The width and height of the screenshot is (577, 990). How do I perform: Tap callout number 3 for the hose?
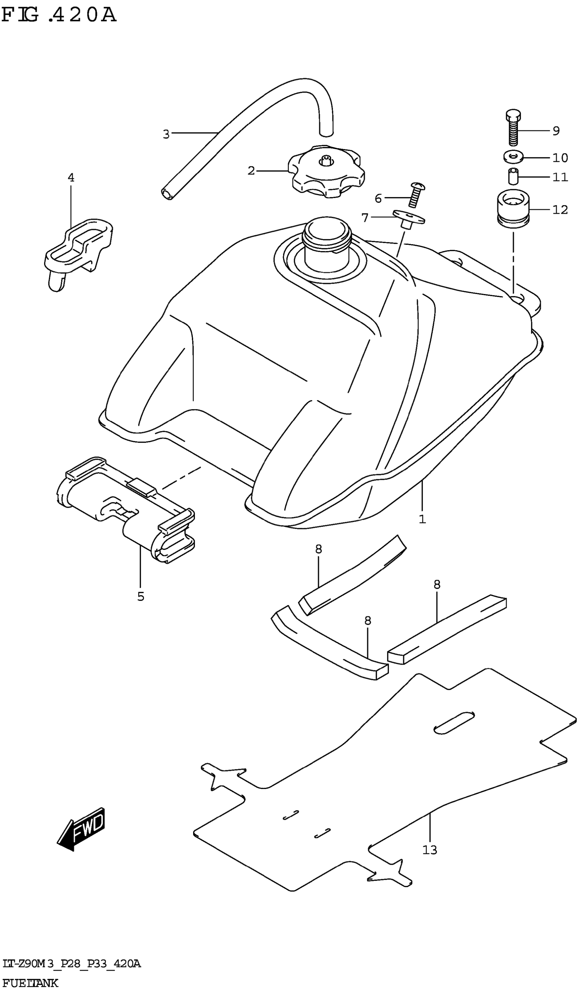click(166, 134)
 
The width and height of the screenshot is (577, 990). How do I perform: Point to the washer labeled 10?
click(512, 157)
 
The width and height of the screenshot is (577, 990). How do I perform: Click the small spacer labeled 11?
click(513, 177)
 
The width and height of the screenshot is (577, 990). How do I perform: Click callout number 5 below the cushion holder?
click(141, 597)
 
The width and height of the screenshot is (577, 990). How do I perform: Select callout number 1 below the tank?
click(422, 519)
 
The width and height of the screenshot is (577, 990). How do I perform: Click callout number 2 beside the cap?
click(251, 171)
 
